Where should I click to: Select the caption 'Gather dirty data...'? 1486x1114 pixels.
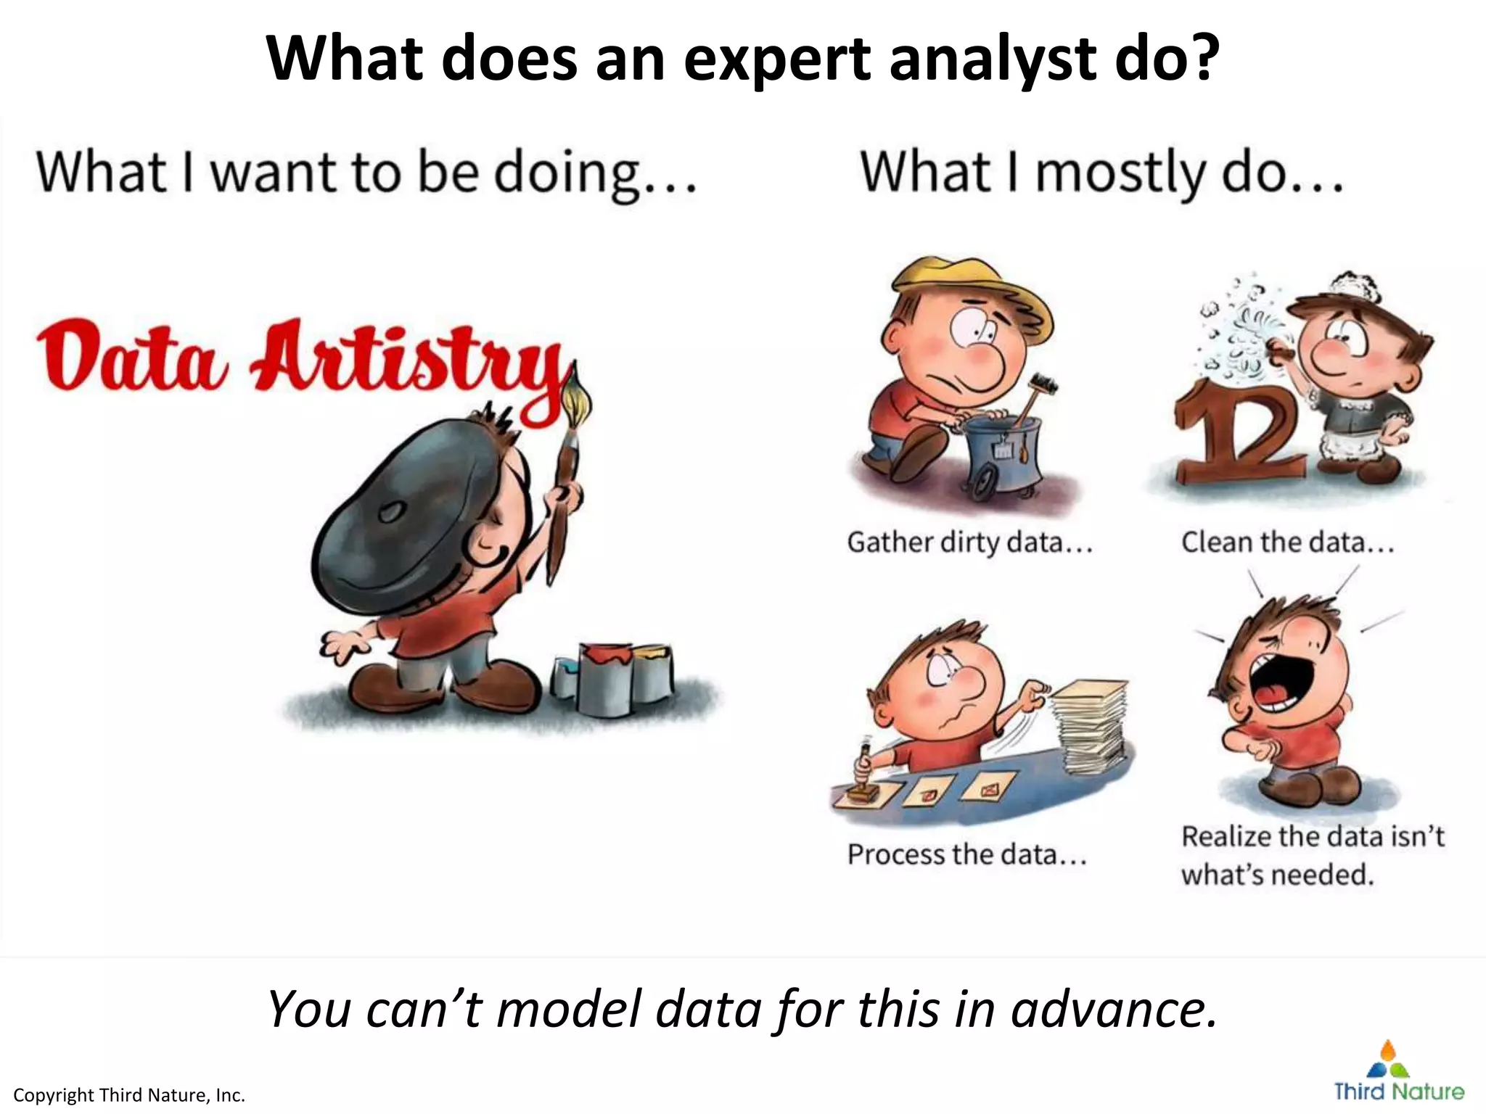pyautogui.click(x=969, y=542)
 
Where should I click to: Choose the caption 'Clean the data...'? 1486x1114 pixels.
pyautogui.click(x=1287, y=542)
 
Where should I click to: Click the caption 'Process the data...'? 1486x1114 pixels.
pyautogui.click(x=967, y=854)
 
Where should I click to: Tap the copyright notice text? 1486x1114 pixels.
pyautogui.click(x=129, y=1095)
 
